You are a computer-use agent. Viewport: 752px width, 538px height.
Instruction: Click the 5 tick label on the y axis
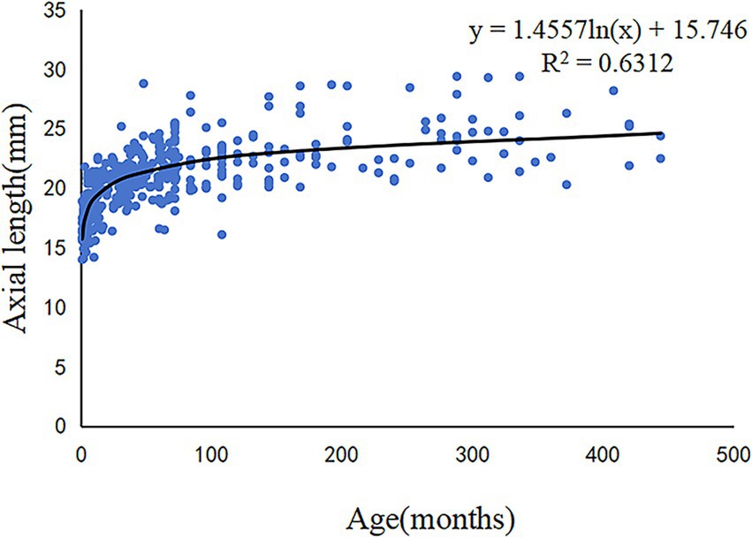point(62,368)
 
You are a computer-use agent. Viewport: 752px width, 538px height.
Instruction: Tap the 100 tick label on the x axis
point(212,458)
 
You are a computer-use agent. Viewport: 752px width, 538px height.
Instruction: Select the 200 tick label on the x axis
point(342,458)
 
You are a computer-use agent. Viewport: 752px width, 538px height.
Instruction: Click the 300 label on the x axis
point(473,458)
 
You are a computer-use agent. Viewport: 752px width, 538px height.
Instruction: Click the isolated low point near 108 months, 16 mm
point(222,234)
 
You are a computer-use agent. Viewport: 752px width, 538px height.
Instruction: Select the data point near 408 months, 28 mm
point(613,90)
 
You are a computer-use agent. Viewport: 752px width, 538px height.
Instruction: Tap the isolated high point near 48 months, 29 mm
point(143,83)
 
